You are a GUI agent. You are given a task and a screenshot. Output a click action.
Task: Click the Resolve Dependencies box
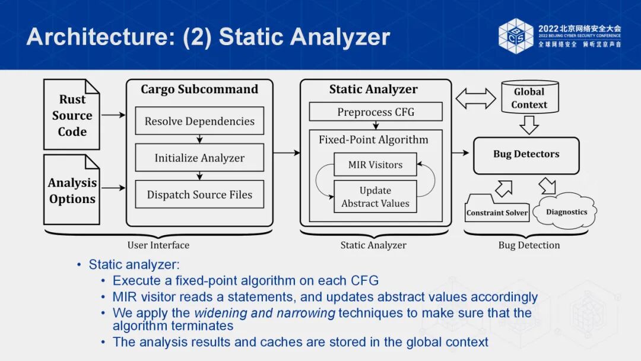tap(199, 121)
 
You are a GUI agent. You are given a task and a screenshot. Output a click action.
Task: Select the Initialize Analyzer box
tap(199, 158)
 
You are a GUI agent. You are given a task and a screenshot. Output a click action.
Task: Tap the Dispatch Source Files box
tap(199, 195)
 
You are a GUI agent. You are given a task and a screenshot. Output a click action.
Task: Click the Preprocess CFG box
tap(376, 112)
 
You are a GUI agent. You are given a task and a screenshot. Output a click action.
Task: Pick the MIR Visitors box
tap(375, 164)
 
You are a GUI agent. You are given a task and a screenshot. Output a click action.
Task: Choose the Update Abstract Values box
tap(375, 197)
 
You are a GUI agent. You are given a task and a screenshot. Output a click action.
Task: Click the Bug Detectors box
tap(526, 154)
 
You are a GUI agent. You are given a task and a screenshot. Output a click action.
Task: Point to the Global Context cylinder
tap(529, 98)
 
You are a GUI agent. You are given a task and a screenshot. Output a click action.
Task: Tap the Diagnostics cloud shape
tap(566, 212)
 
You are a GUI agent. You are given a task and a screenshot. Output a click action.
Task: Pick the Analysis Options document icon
tap(72, 190)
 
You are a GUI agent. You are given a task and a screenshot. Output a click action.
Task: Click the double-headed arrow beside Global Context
tap(475, 98)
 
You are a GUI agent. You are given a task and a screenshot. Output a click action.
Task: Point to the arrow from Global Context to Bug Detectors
tap(528, 125)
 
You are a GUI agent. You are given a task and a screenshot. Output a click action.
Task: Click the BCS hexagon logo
tap(516, 36)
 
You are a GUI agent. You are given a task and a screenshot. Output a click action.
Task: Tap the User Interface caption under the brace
tap(158, 245)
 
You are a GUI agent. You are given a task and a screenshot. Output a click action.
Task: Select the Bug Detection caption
tap(529, 245)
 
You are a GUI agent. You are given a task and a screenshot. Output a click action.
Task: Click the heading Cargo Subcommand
tap(199, 90)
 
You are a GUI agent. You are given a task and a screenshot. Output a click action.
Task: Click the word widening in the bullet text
tap(217, 313)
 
